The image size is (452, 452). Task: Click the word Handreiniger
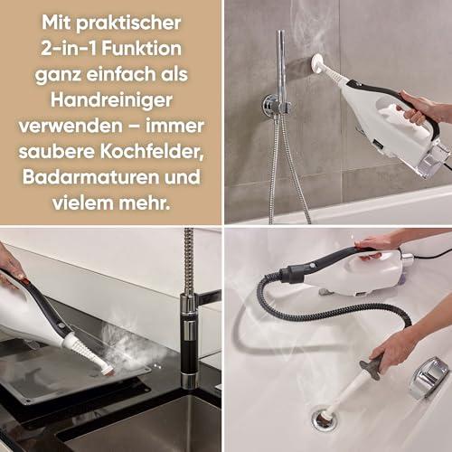coord(111,100)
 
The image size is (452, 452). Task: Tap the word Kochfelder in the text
coord(152,152)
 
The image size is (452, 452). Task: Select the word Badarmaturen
coord(90,177)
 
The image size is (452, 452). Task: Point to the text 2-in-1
coord(69,48)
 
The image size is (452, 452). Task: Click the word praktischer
coord(128,24)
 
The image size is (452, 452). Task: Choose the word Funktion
coord(142,48)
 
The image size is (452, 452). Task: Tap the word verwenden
coord(71,126)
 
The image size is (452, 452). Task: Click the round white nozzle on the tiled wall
coord(319,62)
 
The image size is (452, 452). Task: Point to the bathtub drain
coord(324,418)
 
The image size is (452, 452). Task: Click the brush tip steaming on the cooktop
coord(108,370)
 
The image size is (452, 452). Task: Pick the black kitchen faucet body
coord(188,341)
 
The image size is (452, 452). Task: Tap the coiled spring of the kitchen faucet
coord(189,261)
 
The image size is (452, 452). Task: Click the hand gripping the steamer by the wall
coord(422,107)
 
